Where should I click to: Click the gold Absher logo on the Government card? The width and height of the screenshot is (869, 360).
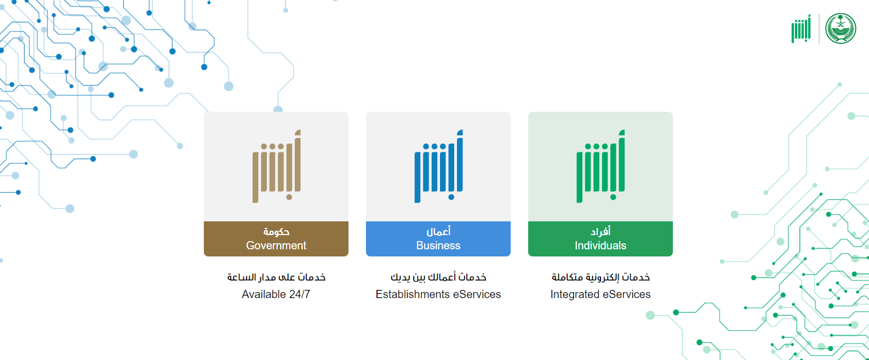277,166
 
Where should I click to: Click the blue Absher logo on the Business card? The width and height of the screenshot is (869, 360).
439,166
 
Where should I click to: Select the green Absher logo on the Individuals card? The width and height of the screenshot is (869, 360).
601,166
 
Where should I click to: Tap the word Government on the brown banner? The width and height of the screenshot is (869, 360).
276,245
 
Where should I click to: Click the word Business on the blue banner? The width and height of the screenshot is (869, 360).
438,245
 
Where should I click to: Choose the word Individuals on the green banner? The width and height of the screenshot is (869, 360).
601,245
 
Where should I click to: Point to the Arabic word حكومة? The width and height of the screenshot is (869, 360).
276,232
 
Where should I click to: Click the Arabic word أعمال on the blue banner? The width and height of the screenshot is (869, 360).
438,232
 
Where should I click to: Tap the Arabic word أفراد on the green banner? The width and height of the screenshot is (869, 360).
601,232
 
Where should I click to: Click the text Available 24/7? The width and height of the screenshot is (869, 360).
276,294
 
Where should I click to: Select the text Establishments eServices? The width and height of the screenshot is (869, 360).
438,294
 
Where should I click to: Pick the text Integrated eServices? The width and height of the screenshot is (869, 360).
601,294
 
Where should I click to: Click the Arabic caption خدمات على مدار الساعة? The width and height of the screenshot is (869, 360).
276,277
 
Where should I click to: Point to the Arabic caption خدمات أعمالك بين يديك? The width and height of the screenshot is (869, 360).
438,277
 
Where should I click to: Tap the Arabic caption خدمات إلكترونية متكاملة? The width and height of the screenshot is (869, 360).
601,277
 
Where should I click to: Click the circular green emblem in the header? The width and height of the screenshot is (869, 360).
841,28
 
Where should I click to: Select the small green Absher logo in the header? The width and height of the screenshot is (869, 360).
802,28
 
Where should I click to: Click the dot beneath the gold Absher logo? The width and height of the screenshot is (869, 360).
289,197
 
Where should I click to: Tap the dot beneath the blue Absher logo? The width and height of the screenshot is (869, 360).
451,197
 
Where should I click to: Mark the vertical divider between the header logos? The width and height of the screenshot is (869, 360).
819,28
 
